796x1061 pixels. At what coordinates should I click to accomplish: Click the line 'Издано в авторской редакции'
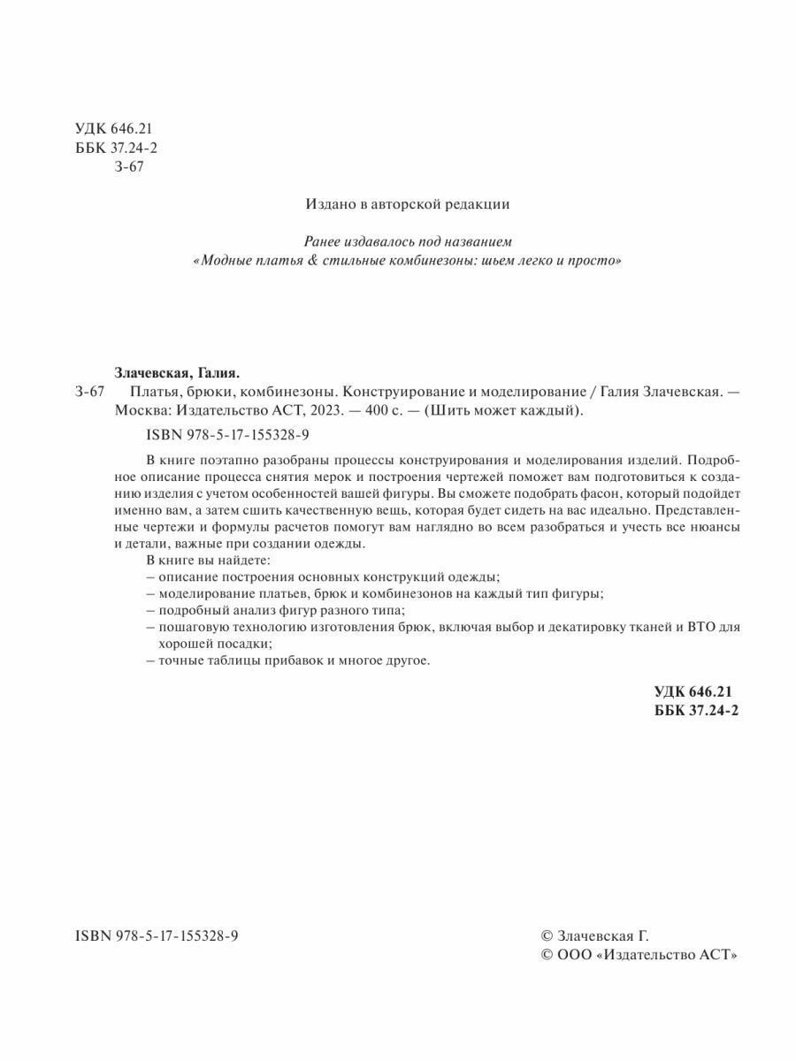click(x=408, y=203)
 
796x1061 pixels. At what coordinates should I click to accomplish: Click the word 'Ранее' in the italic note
click(x=324, y=240)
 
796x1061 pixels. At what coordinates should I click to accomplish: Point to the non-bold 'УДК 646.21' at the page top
click(x=108, y=129)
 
